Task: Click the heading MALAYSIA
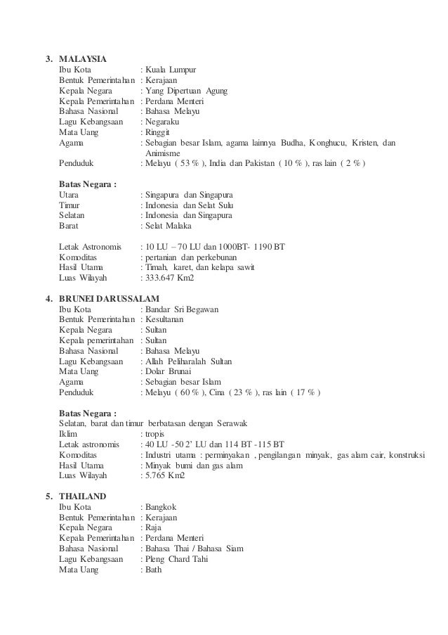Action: pos(83,58)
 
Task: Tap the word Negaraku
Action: pos(164,122)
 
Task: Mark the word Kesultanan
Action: pos(164,319)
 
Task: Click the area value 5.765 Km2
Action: pos(165,476)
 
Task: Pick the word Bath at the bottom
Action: pos(154,570)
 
